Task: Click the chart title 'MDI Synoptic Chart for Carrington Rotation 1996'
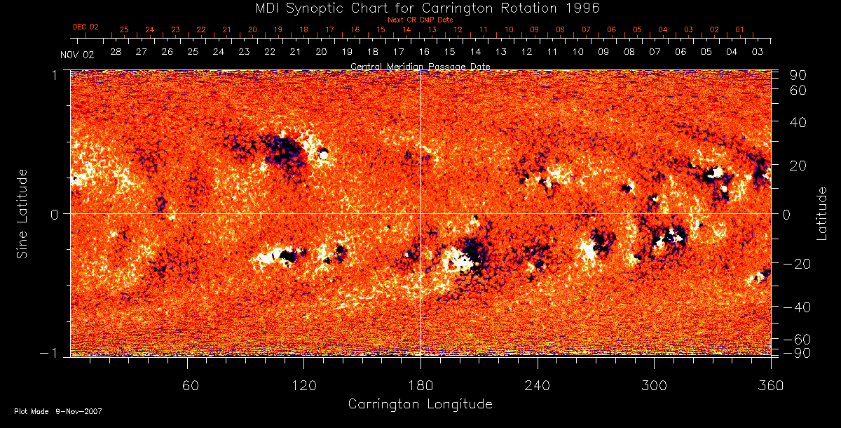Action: pos(420,8)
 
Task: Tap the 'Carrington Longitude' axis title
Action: pos(420,404)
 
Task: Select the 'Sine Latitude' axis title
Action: pos(22,213)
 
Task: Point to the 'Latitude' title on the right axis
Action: pos(822,213)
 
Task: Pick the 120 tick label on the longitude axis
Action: pos(304,385)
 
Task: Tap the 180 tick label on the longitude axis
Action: pos(420,385)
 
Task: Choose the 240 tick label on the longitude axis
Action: pos(538,385)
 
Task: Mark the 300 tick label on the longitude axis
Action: pos(654,385)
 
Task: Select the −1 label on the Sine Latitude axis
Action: pos(54,352)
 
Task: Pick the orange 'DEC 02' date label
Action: pos(86,27)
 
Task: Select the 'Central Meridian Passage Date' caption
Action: pos(420,66)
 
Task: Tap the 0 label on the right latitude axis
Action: pos(786,214)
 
